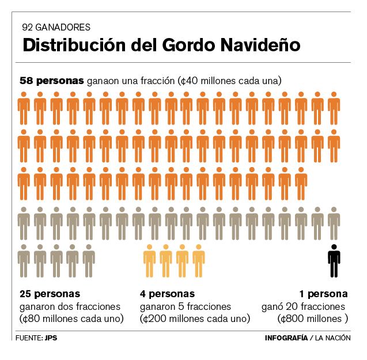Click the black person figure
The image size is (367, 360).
(334, 260)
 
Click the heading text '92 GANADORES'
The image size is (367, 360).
(56, 27)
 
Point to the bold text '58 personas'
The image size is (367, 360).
(52, 81)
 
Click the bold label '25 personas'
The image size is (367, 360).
(50, 293)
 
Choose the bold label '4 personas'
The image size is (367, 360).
(168, 293)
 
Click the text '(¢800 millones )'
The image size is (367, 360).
(312, 319)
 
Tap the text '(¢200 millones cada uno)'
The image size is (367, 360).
(195, 319)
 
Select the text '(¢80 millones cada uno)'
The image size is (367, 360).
(72, 319)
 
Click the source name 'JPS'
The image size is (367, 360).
(50, 338)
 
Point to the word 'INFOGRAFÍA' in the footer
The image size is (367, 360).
(286, 338)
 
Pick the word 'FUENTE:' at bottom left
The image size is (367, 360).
(29, 338)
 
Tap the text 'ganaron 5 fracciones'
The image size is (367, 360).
(186, 306)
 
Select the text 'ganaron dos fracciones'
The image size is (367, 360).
(70, 306)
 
